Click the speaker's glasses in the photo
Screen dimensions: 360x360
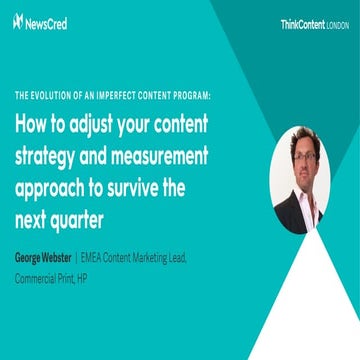coord(301,157)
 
